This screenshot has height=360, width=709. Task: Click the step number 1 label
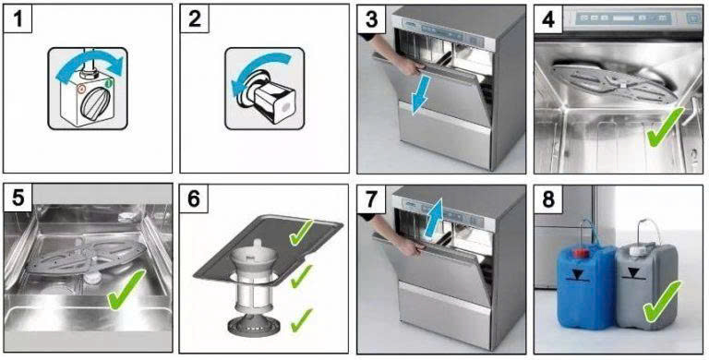point(18,19)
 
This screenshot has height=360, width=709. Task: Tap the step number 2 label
point(195,19)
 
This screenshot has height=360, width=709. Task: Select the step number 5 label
point(18,198)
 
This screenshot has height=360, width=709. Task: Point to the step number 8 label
point(548,198)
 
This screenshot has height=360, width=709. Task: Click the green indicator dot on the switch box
point(109,84)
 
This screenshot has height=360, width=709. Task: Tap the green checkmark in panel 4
point(665,128)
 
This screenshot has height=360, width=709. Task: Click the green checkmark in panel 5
point(126,290)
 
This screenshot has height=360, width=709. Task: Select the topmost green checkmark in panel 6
point(301,233)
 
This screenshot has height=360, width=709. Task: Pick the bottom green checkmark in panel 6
point(302,320)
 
